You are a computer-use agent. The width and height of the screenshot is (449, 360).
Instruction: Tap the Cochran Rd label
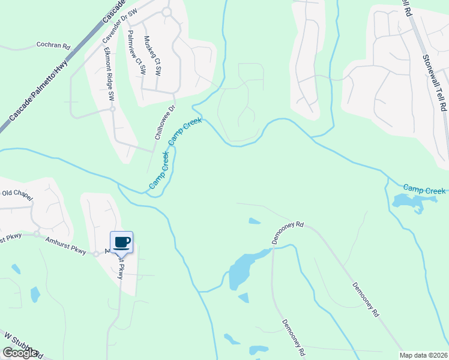click(x=53, y=45)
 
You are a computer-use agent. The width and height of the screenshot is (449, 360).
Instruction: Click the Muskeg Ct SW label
click(x=152, y=56)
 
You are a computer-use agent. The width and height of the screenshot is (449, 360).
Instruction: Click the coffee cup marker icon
click(x=121, y=242)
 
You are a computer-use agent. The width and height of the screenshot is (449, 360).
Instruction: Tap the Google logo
click(x=19, y=353)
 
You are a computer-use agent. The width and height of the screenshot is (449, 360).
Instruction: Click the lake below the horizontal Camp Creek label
click(x=408, y=202)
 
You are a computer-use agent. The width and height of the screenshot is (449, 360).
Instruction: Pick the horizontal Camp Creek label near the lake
click(x=424, y=190)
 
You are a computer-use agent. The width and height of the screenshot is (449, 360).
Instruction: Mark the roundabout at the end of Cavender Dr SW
click(x=166, y=11)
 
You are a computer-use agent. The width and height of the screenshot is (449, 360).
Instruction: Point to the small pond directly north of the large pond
click(x=255, y=221)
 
